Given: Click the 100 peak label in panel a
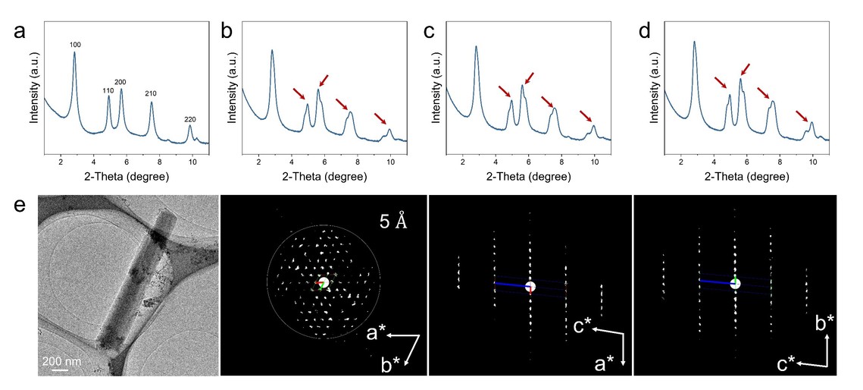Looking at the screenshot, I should pyautogui.click(x=75, y=46).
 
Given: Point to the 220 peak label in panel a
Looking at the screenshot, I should pyautogui.click(x=190, y=119).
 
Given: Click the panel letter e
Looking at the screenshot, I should pyautogui.click(x=20, y=206).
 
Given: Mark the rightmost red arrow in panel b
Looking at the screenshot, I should pyautogui.click(x=380, y=118).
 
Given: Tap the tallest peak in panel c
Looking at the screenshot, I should pyautogui.click(x=476, y=47).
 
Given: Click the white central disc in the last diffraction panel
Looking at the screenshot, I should pyautogui.click(x=734, y=284).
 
